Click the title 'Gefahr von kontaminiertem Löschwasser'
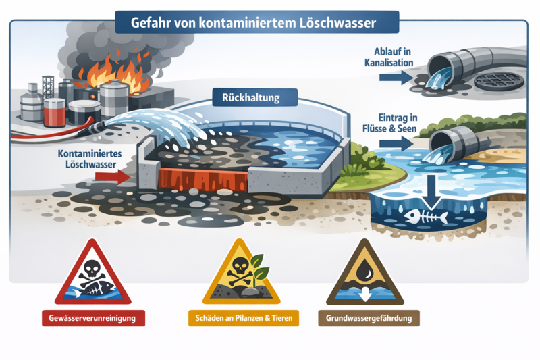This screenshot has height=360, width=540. (253, 23)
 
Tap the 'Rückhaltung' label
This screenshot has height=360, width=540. (250, 97)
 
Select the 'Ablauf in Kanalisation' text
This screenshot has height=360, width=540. (389, 57)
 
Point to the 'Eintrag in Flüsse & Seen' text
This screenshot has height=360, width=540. (389, 123)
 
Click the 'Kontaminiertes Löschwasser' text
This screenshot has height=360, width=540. (90, 159)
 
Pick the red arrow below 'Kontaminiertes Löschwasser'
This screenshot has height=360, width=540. (113, 177)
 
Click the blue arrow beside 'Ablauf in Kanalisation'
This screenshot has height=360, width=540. (396, 77)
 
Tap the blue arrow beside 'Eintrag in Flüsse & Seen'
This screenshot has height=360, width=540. (396, 143)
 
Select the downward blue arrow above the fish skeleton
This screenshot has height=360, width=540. (431, 192)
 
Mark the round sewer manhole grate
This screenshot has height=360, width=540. (499, 81)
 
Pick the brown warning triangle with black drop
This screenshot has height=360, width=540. (364, 272)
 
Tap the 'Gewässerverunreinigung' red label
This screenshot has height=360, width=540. (93, 318)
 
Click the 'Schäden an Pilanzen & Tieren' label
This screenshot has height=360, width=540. (244, 318)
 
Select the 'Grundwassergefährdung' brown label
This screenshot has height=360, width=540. (369, 318)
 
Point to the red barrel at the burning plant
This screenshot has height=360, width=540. (55, 112)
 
